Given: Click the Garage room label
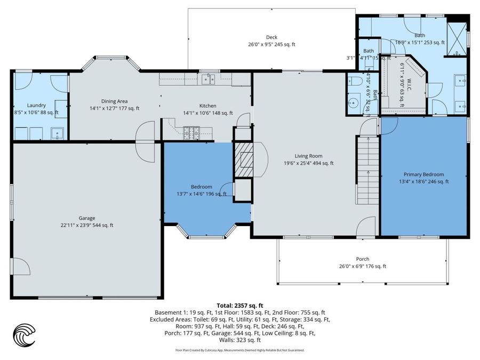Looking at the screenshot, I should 87,218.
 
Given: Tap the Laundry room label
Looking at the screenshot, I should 36,106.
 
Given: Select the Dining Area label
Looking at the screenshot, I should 114,101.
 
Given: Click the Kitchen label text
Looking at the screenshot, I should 207,106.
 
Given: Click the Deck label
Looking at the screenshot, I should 271,37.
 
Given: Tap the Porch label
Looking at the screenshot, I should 362,259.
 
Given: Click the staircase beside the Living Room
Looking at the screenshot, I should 367,170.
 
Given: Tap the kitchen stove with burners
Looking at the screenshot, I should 191,132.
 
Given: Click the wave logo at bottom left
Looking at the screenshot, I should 24,335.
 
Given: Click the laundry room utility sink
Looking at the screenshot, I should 57,133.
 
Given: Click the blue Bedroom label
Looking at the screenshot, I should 202,187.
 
